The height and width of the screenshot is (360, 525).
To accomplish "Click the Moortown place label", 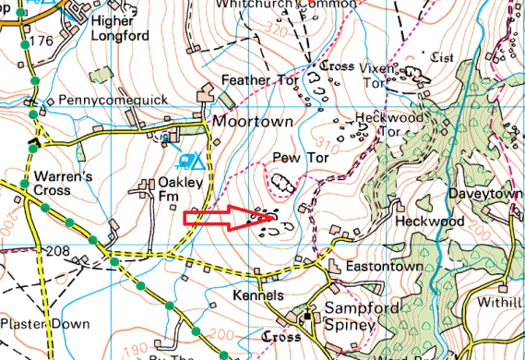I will click(x=253, y=122).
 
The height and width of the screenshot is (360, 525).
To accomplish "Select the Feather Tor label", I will click(x=261, y=81).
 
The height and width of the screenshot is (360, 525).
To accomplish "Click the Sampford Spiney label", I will click(x=342, y=318).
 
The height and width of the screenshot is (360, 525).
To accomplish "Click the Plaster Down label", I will click(x=45, y=324).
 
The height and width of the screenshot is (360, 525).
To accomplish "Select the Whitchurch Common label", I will click(x=285, y=5).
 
